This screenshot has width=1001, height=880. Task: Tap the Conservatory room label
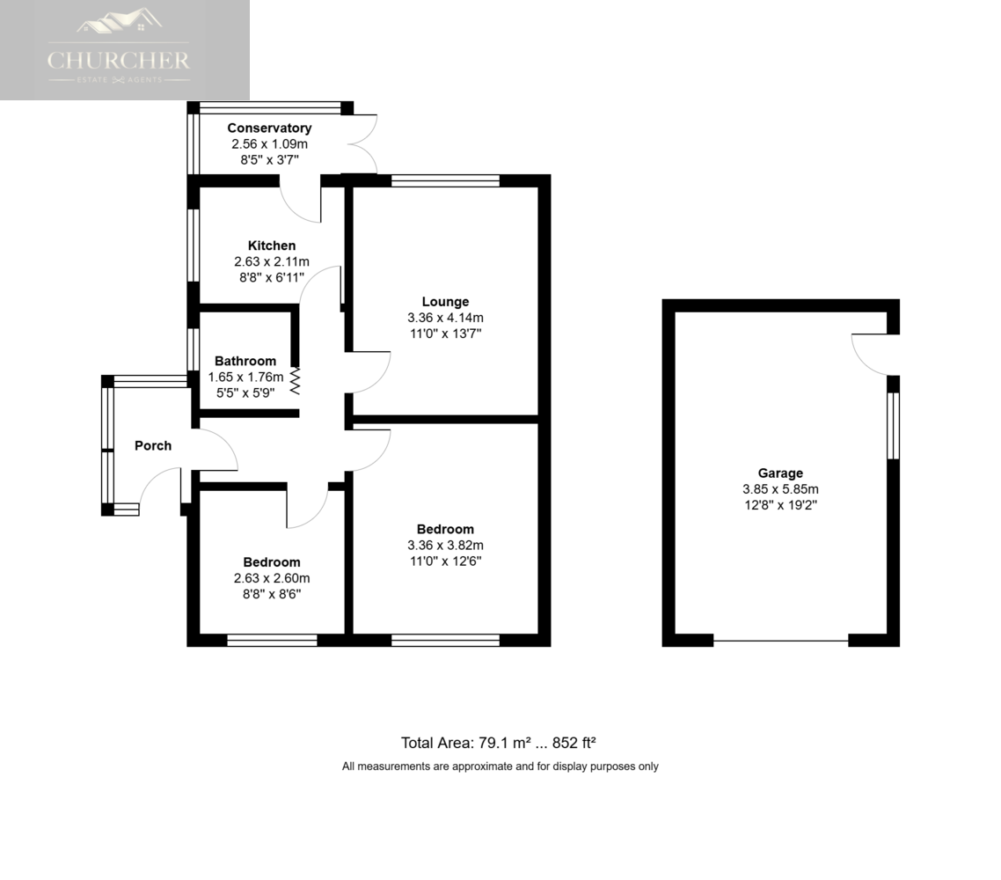click(269, 128)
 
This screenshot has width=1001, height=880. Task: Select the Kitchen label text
click(271, 246)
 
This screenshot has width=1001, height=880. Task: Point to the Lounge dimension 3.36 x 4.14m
click(445, 318)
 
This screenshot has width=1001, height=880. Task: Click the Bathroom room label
click(245, 361)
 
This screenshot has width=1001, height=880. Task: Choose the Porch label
click(153, 445)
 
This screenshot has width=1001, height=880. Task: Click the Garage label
click(780, 473)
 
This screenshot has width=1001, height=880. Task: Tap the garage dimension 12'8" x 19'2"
click(780, 505)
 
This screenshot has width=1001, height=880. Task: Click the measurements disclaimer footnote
click(500, 766)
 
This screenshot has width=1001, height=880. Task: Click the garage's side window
click(893, 426)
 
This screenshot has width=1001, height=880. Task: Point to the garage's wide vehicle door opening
click(780, 641)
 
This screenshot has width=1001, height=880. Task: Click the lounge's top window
click(445, 181)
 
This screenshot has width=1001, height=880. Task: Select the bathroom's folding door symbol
click(296, 381)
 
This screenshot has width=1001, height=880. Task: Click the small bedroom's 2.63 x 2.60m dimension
click(272, 578)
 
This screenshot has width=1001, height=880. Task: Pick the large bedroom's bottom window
click(445, 640)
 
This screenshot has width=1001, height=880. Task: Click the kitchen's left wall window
click(193, 244)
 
